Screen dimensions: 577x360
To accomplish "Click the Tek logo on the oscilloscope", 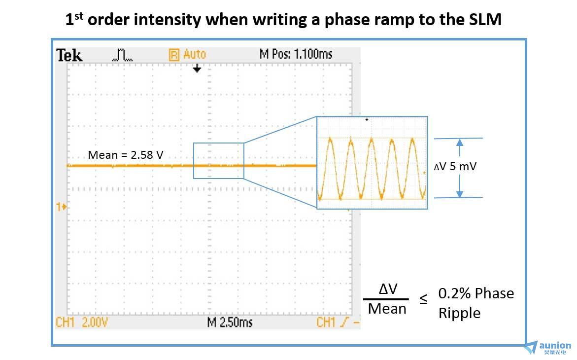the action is (x=69, y=56).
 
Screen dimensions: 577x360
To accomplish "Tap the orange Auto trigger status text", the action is (x=195, y=55).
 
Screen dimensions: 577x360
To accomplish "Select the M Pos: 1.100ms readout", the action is (x=296, y=55).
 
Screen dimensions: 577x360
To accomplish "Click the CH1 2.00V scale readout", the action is (x=82, y=323).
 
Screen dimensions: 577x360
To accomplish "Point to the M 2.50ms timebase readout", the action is (x=230, y=323).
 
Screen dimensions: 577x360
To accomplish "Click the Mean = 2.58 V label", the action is (x=126, y=155).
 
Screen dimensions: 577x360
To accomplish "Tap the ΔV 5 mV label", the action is (x=455, y=167).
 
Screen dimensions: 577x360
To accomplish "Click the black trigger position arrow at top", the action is (x=197, y=69).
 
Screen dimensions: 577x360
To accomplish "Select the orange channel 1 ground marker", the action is (x=62, y=207).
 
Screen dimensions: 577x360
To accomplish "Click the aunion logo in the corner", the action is (x=548, y=348).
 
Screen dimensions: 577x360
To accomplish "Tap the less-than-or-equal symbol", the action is (x=423, y=299).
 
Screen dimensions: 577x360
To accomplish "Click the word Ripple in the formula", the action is (x=459, y=313).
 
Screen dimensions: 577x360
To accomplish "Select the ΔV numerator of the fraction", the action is (x=388, y=289).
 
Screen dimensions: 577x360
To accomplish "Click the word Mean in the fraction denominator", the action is (x=387, y=309).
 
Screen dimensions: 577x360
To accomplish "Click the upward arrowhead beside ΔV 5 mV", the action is (x=460, y=143).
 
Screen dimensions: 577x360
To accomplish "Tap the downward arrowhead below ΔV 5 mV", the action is (x=460, y=194).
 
